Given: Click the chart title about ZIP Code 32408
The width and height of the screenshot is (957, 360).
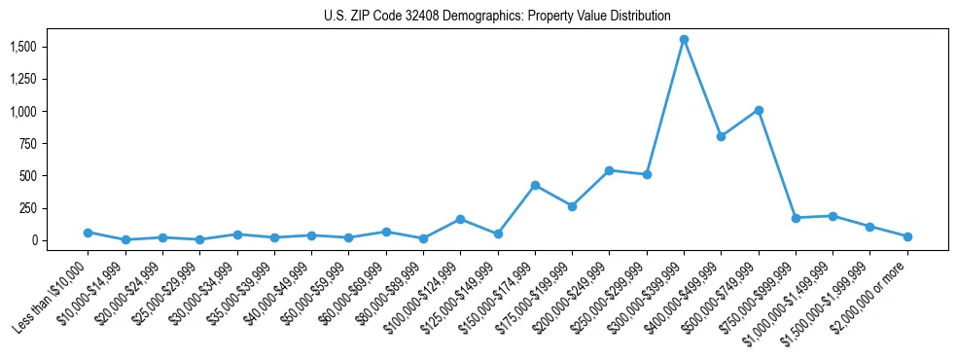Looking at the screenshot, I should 497,16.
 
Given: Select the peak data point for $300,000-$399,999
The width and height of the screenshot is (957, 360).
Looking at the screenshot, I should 684,40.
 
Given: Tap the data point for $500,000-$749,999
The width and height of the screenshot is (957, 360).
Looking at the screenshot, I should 759,110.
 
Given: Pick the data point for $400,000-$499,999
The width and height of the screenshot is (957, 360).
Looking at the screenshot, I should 721,136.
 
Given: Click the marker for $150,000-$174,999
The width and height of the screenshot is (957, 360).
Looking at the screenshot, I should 535,185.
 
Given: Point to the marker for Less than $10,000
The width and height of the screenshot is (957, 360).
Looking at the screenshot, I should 88,233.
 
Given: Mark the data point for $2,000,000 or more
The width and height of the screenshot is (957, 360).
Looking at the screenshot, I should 907,236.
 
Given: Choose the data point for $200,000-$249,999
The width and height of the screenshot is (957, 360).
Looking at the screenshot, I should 609,170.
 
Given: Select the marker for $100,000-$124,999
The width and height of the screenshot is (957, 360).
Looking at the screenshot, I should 460,219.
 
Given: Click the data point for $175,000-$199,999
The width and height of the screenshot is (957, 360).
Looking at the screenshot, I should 572,206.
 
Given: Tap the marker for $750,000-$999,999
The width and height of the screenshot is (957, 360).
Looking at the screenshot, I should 796,218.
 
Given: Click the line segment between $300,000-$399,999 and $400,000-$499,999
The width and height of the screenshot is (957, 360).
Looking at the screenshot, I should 702,89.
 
